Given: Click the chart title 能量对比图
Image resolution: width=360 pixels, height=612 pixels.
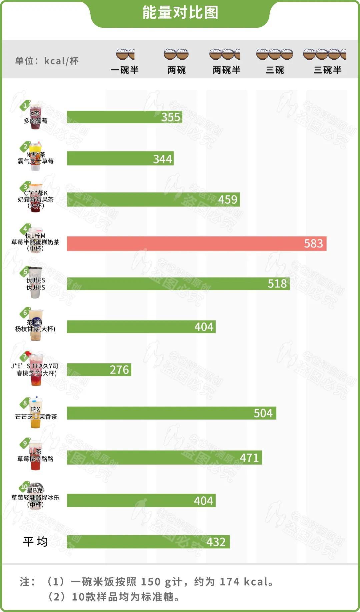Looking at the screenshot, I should click(180, 13).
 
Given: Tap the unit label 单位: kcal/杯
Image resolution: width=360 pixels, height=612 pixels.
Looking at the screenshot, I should click(47, 61).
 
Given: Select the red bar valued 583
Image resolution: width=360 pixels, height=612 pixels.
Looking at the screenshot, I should click(196, 243).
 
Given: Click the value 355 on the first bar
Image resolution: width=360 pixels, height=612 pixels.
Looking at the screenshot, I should click(171, 117).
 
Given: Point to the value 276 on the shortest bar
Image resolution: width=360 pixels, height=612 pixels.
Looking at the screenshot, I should click(119, 370).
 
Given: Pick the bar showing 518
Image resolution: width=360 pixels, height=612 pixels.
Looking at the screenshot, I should click(178, 283).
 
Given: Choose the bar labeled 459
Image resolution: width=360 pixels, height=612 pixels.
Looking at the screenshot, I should click(153, 199).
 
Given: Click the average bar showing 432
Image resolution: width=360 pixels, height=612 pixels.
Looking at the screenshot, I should click(148, 542).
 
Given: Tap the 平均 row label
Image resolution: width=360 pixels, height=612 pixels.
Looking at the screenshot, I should click(35, 542).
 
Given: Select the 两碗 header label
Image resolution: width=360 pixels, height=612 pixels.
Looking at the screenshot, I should click(176, 70).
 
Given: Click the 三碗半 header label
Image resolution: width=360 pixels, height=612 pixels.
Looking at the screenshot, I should click(327, 70).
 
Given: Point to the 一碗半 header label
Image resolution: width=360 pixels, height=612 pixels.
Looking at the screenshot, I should click(125, 70).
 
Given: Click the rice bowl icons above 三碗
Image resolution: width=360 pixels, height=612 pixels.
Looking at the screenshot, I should click(275, 54).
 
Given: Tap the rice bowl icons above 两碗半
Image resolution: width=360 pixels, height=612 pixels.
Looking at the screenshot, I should click(225, 54).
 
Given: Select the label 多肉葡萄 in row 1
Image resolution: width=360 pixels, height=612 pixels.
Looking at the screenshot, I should click(36, 121).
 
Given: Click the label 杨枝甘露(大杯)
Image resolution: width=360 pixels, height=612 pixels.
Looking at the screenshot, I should click(35, 329).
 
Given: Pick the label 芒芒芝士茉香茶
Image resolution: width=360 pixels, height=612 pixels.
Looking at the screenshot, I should click(36, 417).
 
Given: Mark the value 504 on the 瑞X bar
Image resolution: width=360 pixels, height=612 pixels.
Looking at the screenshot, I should click(263, 413).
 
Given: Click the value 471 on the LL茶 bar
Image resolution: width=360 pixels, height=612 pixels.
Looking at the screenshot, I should click(249, 458).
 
